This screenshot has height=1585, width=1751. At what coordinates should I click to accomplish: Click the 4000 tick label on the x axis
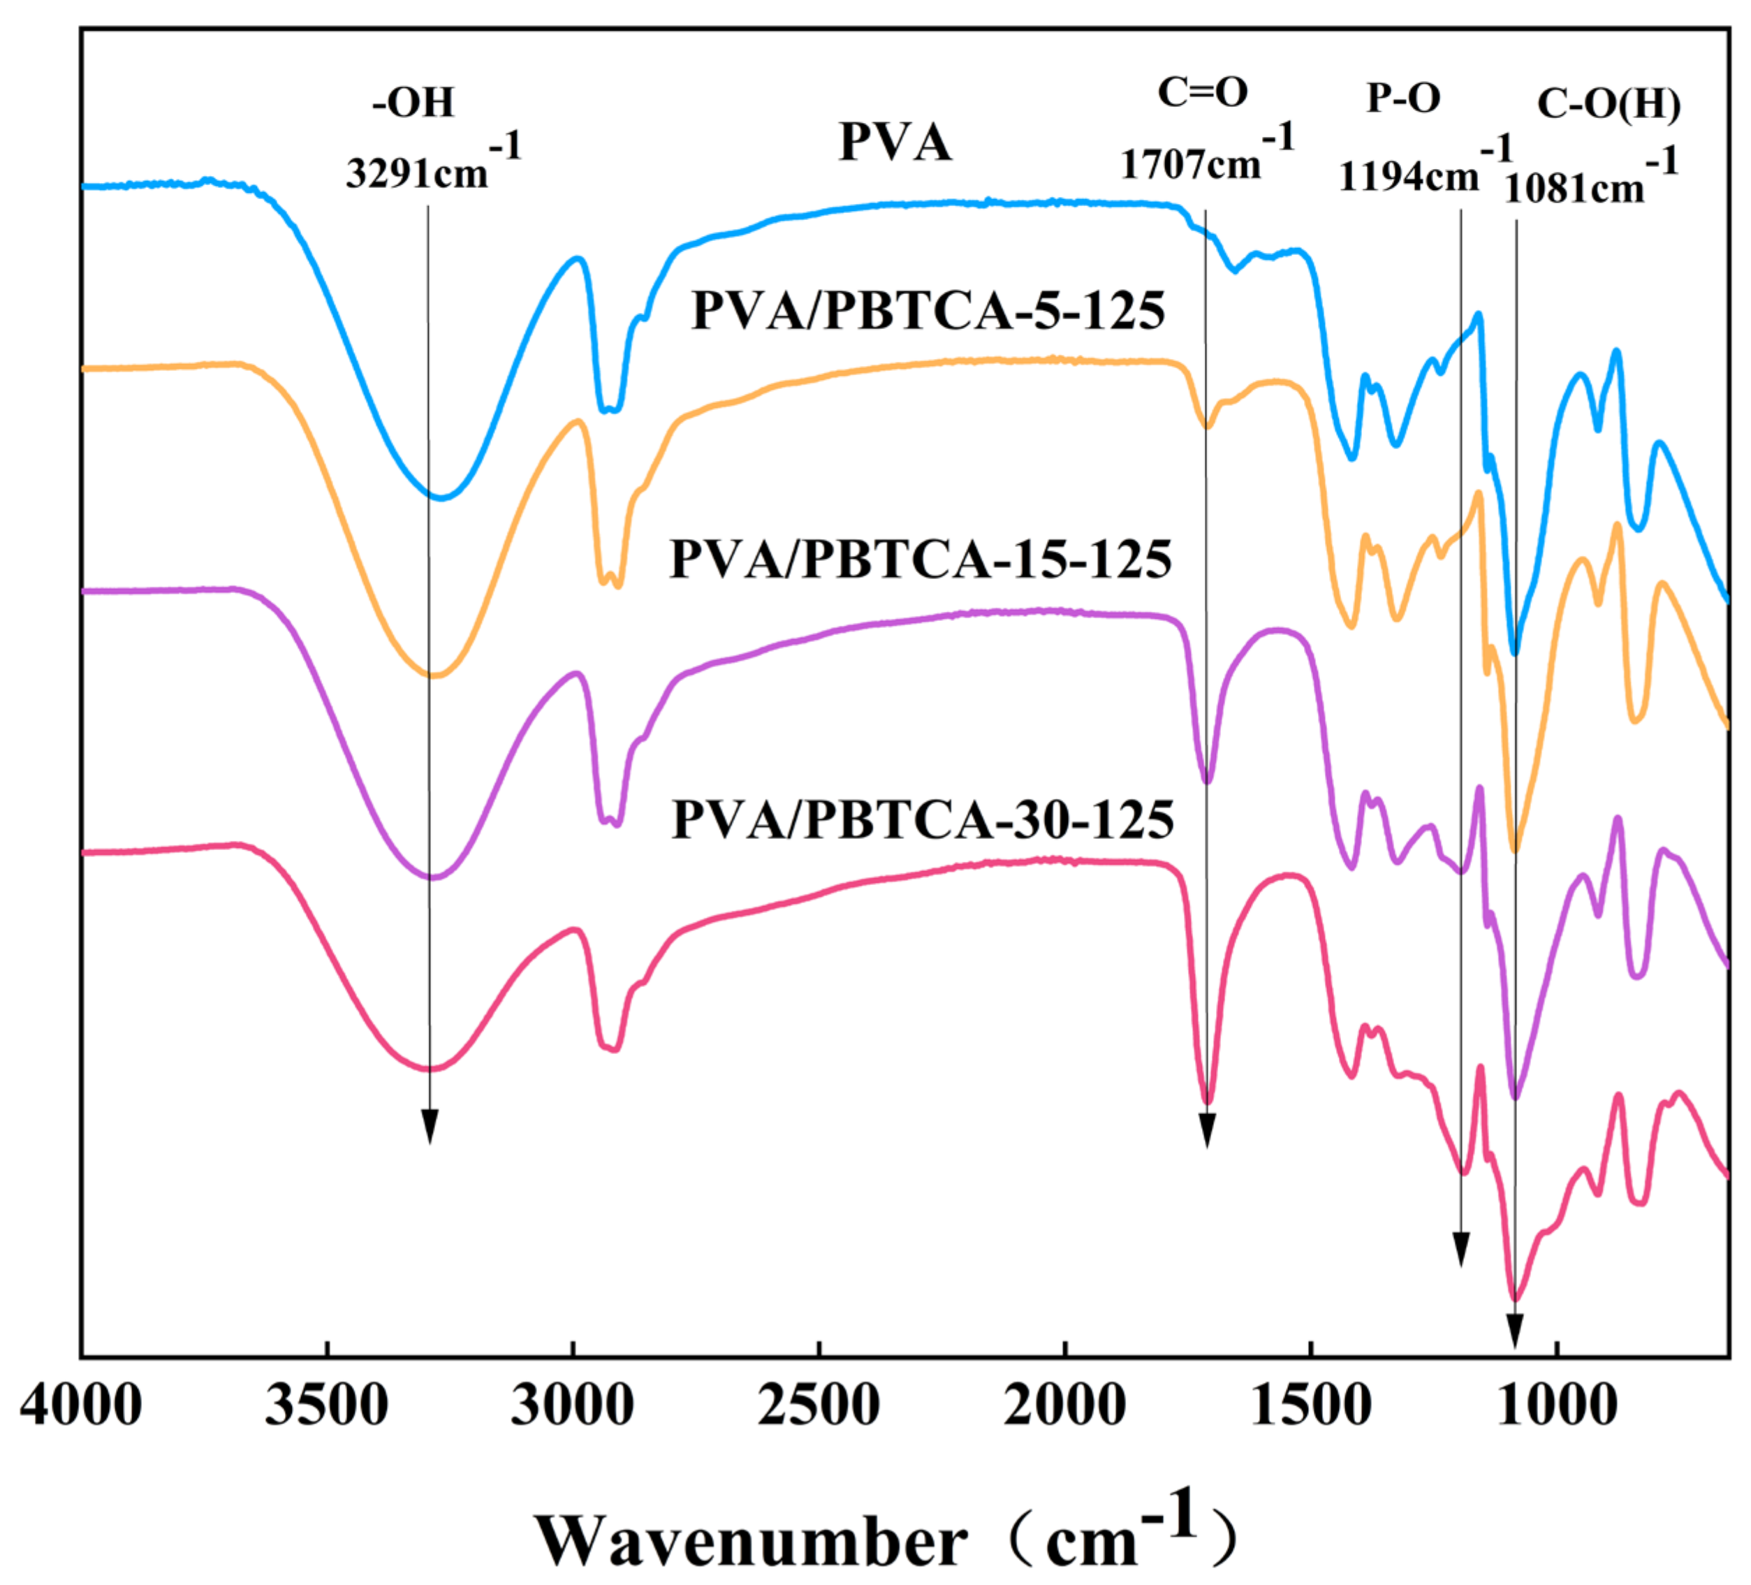click(x=80, y=1405)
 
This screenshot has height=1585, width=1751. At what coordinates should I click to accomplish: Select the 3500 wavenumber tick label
click(x=327, y=1405)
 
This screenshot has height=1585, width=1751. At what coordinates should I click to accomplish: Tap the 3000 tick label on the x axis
click(x=573, y=1405)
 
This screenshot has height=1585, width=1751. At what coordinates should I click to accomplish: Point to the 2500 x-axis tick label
click(x=818, y=1405)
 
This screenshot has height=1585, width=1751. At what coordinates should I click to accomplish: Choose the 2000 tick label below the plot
click(x=1065, y=1405)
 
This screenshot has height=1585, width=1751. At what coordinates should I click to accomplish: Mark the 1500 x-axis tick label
click(x=1312, y=1405)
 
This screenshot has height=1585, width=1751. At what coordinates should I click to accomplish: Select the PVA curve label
click(x=895, y=142)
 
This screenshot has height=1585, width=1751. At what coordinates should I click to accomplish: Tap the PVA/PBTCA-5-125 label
click(x=928, y=311)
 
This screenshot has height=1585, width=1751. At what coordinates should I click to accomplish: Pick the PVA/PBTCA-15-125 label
click(x=921, y=558)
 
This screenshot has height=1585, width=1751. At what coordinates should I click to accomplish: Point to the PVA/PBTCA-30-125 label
click(x=923, y=819)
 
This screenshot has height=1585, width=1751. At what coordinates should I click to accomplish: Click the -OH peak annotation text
click(x=413, y=103)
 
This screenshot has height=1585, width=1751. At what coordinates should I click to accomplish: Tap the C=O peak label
click(x=1203, y=92)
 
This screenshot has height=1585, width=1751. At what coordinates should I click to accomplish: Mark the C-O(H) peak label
click(x=1609, y=104)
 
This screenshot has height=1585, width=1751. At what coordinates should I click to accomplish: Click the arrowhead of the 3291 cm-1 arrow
click(x=429, y=1127)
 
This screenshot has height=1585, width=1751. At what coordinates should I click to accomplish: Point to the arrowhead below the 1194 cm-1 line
click(x=1461, y=1249)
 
